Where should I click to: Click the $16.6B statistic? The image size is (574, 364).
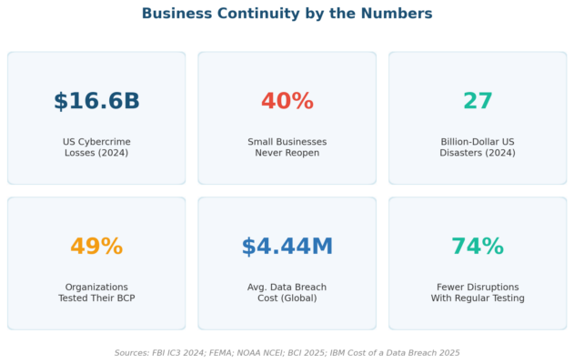96,101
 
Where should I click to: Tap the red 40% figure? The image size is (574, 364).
287,101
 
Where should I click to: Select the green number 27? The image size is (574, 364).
478,101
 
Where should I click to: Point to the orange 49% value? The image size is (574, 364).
96,246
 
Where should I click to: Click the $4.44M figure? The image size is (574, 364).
287,246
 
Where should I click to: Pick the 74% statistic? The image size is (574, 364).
478,246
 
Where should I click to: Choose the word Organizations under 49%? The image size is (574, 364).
96,287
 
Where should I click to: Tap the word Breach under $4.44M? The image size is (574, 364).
311,287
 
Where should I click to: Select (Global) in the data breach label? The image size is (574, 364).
298,298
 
